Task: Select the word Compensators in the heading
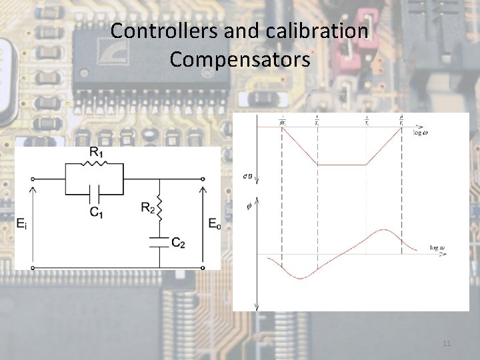click(240, 59)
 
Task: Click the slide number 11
click(447, 343)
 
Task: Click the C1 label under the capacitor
click(97, 213)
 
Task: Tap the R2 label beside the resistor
click(149, 207)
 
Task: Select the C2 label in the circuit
click(178, 242)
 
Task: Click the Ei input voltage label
click(23, 223)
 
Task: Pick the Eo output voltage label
click(213, 223)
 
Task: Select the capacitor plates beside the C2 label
click(160, 241)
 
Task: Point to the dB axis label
click(248, 176)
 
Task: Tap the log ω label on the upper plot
click(421, 133)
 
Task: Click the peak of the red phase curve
click(382, 230)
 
